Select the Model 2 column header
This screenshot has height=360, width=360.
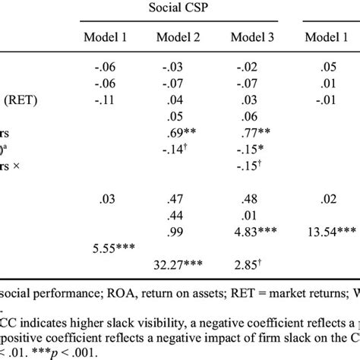point(179,37)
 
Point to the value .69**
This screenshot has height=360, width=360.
point(182,131)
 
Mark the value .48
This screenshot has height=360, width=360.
point(249,200)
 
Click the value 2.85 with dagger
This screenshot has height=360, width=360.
point(251,265)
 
